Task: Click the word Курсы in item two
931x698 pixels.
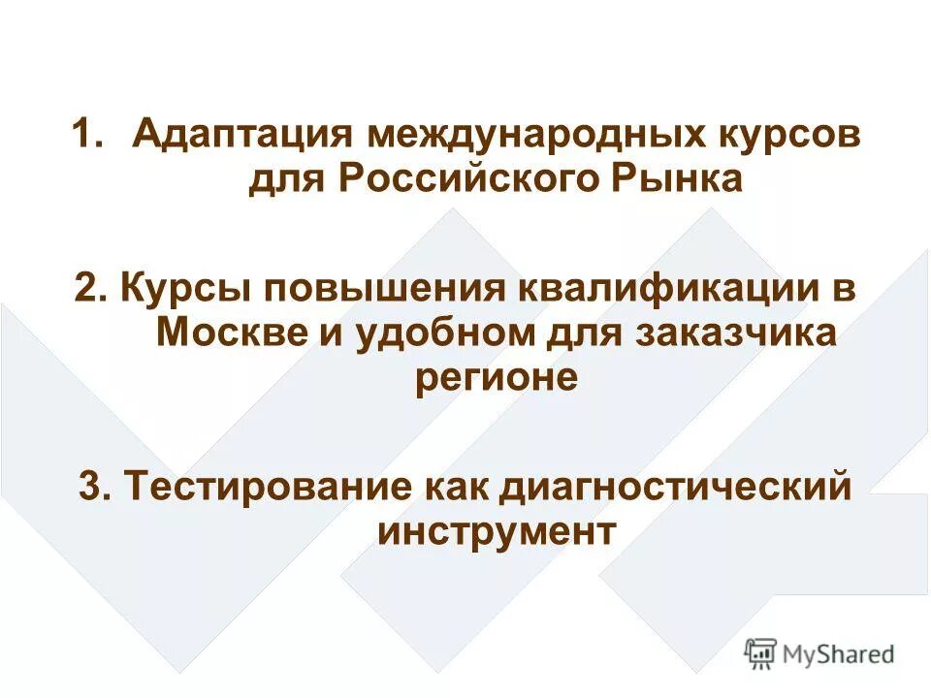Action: [183, 289]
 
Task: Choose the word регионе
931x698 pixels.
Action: [496, 379]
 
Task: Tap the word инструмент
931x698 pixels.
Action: [496, 531]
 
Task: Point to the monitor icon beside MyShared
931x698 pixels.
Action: [761, 652]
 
